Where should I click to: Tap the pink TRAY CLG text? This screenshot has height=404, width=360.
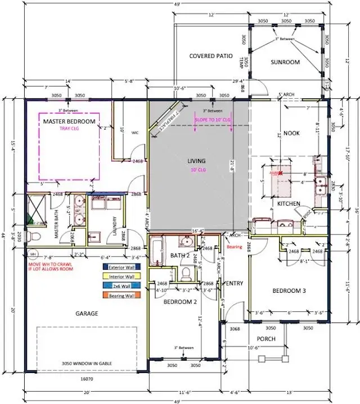pos(69,128)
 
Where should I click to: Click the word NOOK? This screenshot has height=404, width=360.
pos(291,133)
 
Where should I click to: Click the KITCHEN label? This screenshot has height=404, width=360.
pos(288,203)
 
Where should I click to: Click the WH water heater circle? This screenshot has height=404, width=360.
pos(33,252)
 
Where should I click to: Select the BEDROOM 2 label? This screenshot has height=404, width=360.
pos(181,301)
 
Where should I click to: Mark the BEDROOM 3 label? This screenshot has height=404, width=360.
pos(289,290)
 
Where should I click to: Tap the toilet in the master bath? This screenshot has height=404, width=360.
pos(33,237)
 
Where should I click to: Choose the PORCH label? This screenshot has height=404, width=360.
pos(266,339)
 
